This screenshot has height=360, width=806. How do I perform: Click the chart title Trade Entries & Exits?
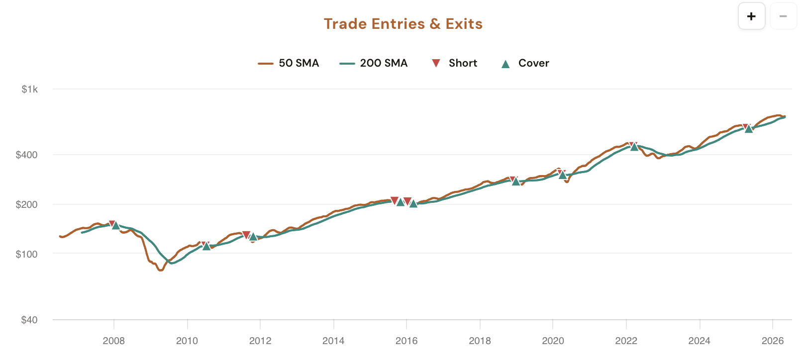[403, 24]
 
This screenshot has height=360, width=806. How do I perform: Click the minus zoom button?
[783, 16]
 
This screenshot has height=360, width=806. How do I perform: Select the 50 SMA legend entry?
[289, 63]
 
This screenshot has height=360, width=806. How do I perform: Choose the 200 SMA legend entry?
[374, 63]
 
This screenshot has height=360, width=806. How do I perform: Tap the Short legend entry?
[454, 63]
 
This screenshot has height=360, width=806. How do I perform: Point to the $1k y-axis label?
[29, 90]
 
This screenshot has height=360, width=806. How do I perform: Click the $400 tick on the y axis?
[27, 155]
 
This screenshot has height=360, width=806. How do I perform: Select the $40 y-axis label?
[29, 320]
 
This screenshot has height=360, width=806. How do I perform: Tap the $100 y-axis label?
[27, 254]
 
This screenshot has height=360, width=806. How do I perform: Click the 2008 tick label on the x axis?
[113, 341]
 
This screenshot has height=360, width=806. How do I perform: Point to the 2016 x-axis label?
[406, 341]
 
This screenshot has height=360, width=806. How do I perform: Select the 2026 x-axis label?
[773, 341]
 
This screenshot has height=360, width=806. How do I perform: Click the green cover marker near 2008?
[116, 226]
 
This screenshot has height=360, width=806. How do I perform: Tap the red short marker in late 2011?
[246, 235]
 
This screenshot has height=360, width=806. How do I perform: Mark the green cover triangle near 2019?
[516, 182]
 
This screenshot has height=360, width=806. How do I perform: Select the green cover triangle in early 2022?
[634, 147]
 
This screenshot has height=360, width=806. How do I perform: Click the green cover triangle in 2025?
[749, 129]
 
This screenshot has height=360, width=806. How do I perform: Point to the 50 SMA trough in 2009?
[160, 270]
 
